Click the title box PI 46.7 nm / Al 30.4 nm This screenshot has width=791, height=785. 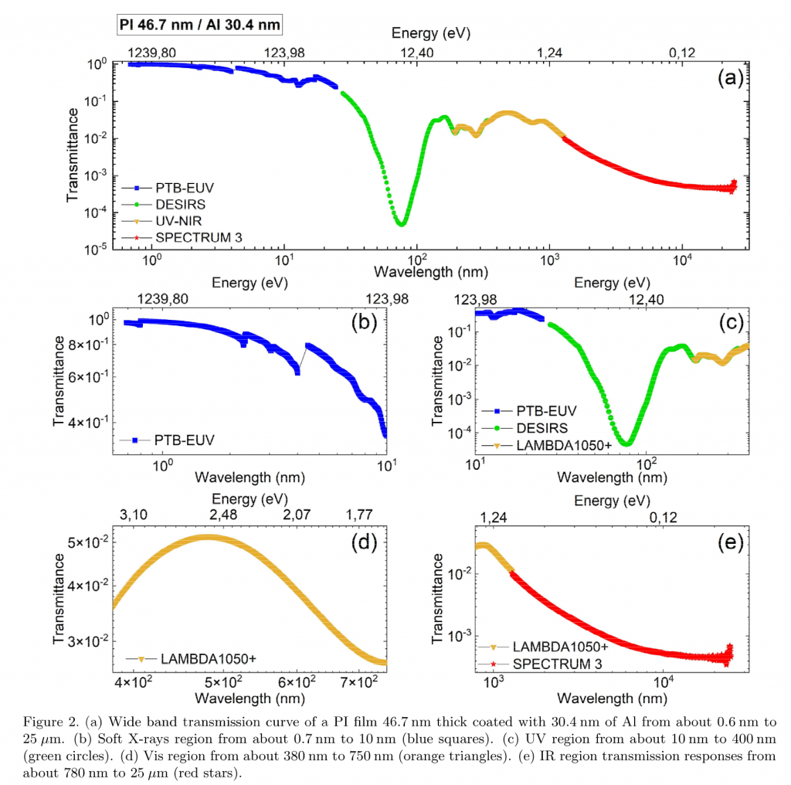pyautogui.click(x=199, y=25)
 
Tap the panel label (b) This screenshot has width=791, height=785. pyautogui.click(x=362, y=323)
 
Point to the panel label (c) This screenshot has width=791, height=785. pyautogui.click(x=729, y=323)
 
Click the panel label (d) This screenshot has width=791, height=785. pyautogui.click(x=363, y=542)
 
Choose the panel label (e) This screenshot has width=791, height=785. pyautogui.click(x=729, y=542)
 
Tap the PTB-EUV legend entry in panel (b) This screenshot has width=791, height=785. pyautogui.click(x=186, y=440)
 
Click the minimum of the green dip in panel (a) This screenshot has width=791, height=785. pyautogui.click(x=402, y=223)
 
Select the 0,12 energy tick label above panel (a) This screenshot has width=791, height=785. pyautogui.click(x=681, y=52)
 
